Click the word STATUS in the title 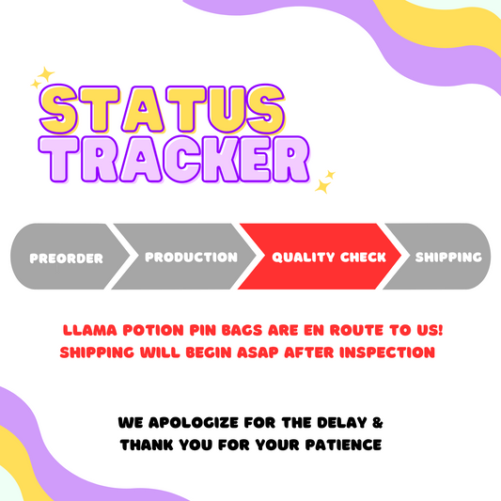[162, 109]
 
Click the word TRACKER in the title [174, 160]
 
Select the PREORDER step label [66, 258]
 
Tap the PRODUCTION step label [191, 257]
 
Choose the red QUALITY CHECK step [320, 257]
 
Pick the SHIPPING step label [448, 257]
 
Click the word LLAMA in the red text [90, 330]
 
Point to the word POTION [153, 330]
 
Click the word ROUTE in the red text [356, 330]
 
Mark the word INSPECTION [387, 352]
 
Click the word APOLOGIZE [194, 422]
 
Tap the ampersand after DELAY [377, 422]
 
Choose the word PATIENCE [343, 445]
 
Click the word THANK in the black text [147, 445]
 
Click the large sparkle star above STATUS [46, 74]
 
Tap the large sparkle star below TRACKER [322, 186]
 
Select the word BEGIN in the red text [209, 352]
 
